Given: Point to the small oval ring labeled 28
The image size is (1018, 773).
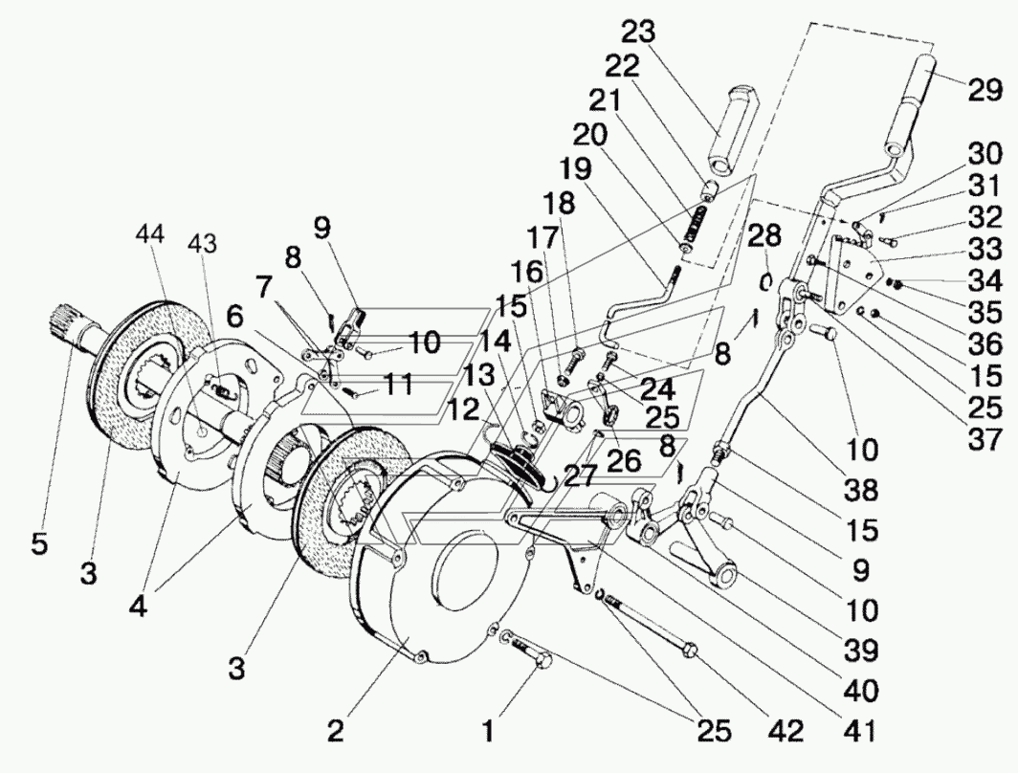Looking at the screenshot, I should pyautogui.click(x=766, y=282).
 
